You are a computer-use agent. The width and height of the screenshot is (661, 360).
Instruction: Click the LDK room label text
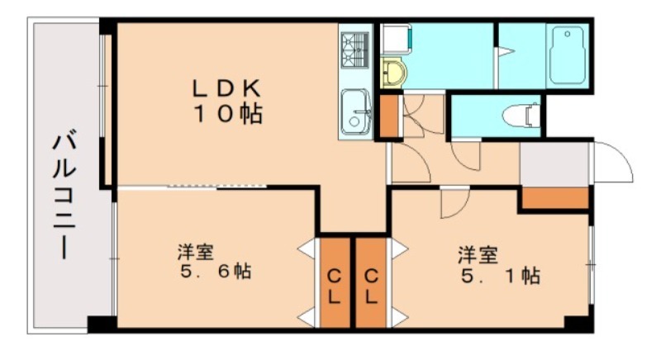click(226, 88)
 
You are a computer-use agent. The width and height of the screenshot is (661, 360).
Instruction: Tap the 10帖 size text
click(228, 113)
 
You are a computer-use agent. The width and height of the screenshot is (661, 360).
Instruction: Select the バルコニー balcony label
click(64, 196)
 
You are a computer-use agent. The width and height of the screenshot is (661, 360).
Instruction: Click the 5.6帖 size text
click(216, 271)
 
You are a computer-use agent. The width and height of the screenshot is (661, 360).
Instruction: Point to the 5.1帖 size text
click(501, 276)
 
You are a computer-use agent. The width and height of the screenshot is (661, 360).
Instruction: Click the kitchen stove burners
click(355, 50)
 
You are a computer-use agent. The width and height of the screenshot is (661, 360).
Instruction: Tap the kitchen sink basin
click(356, 111)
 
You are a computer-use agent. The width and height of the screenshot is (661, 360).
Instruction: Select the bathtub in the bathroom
click(568, 54)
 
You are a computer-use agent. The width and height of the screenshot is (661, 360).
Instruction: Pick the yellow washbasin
click(393, 73)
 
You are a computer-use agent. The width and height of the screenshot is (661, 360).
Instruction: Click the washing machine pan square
click(396, 39)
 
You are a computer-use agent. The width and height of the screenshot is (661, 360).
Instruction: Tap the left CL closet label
click(335, 287)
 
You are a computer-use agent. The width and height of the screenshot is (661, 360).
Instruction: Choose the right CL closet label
click(371, 287)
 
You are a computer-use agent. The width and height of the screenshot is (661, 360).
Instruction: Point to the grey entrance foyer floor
click(554, 163)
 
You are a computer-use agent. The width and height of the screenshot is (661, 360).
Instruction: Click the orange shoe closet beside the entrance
click(555, 198)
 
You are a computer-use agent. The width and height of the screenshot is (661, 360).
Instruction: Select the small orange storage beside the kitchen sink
click(389, 116)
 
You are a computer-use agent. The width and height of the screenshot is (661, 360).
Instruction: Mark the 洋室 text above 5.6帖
click(196, 252)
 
